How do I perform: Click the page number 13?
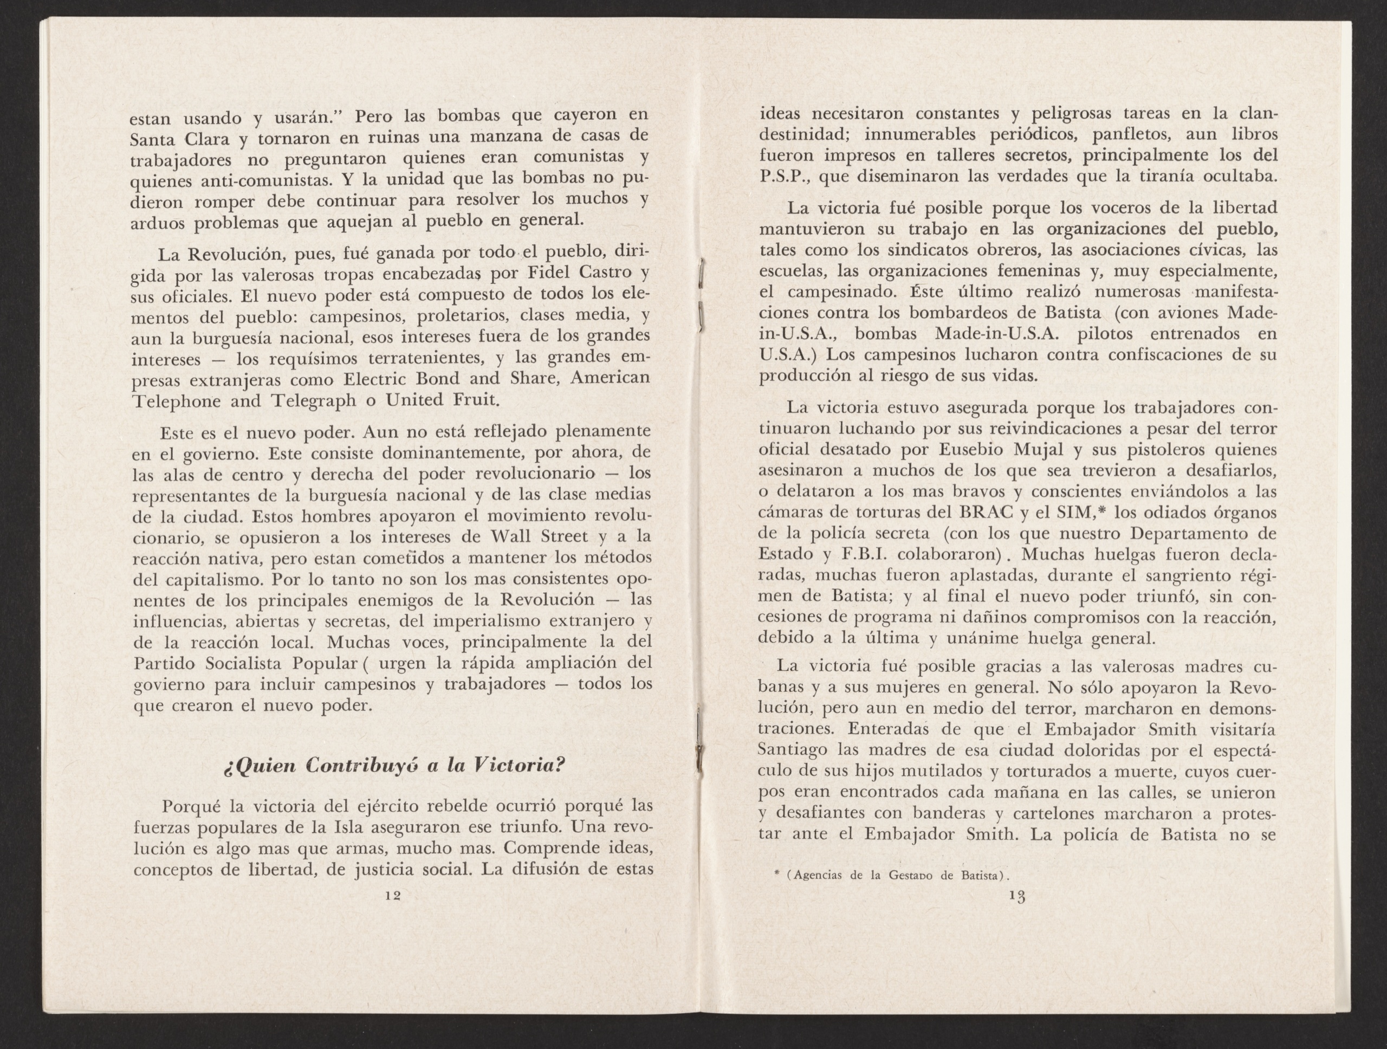[1016, 897]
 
